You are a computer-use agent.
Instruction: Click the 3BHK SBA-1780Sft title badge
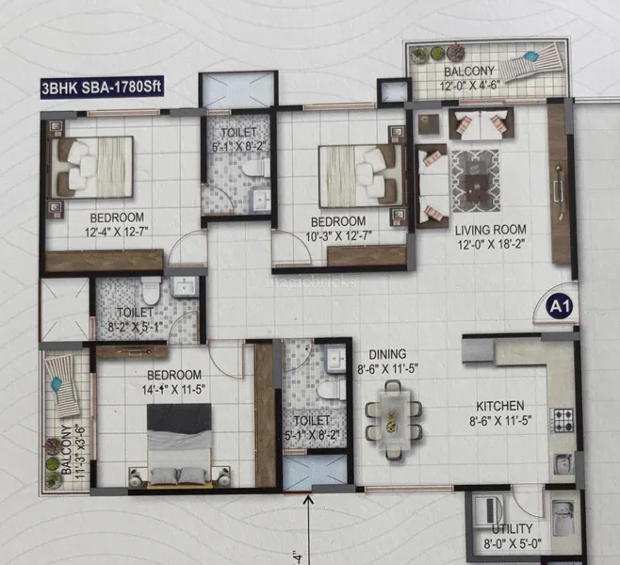tap(102, 88)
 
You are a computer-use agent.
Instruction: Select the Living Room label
tap(490, 230)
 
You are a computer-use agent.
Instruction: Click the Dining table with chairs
tap(393, 420)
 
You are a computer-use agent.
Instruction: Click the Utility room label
tap(512, 528)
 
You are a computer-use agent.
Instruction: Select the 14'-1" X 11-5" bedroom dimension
tap(173, 391)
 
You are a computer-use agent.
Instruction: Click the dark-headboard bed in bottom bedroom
tap(179, 445)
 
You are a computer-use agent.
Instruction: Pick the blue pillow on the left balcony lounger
tap(57, 383)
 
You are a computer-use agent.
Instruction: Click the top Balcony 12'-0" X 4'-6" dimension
tap(470, 86)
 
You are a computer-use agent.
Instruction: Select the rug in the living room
tap(475, 181)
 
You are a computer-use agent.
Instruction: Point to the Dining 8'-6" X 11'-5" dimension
tap(388, 369)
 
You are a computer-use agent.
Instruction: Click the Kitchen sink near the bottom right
tap(563, 463)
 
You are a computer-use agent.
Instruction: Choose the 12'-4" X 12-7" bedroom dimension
tap(117, 232)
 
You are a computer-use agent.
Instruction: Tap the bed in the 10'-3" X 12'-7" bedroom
tap(361, 176)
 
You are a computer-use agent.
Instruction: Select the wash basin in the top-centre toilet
tap(261, 200)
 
